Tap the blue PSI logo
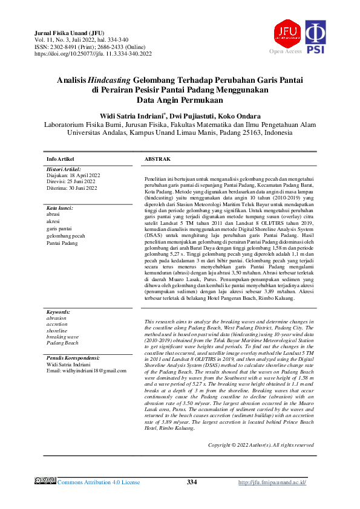pyautogui.click(x=316, y=36)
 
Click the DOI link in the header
pyautogui.click(x=93, y=53)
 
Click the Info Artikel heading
pyautogui.click(x=61, y=158)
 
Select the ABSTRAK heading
pyautogui.click(x=157, y=158)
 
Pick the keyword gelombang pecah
pyautogui.click(x=66, y=235)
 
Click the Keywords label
pyautogui.click(x=58, y=311)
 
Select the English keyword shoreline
pyautogui.click(x=57, y=330)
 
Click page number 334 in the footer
pyautogui.click(x=192, y=482)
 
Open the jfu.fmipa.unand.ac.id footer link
pyautogui.click(x=272, y=482)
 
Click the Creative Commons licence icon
pyautogui.click(x=45, y=482)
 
